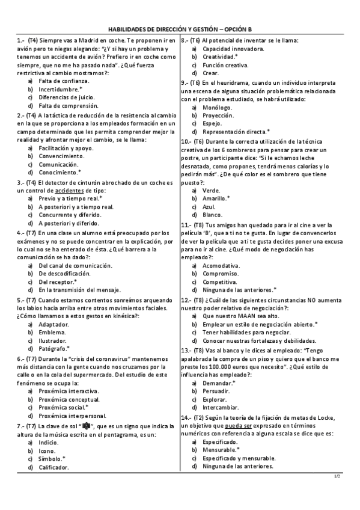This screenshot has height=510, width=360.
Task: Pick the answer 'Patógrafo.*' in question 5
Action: click(x=54, y=348)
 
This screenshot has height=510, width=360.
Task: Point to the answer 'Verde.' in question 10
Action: click(x=211, y=189)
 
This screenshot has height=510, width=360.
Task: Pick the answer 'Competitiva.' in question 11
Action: click(x=221, y=281)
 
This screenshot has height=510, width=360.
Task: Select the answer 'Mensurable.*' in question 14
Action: click(x=221, y=449)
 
